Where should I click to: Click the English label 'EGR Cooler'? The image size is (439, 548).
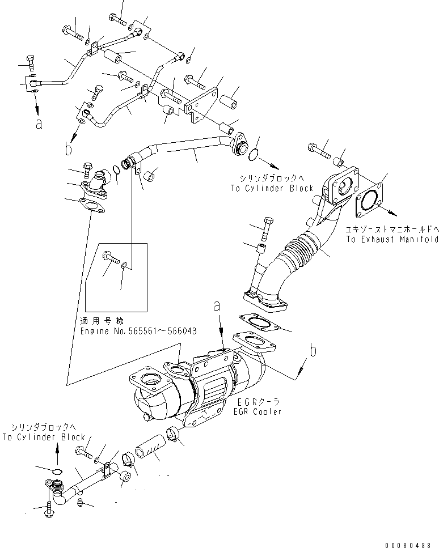pyautogui.click(x=259, y=412)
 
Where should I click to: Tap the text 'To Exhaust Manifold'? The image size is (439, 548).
pyautogui.click(x=391, y=240)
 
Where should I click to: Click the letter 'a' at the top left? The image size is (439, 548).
pyautogui.click(x=39, y=124)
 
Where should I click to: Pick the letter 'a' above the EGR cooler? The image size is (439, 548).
pyautogui.click(x=217, y=306)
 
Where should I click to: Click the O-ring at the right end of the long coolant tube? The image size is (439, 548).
pyautogui.click(x=254, y=153)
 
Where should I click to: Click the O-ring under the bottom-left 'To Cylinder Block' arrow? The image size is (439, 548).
pyautogui.click(x=56, y=472)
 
